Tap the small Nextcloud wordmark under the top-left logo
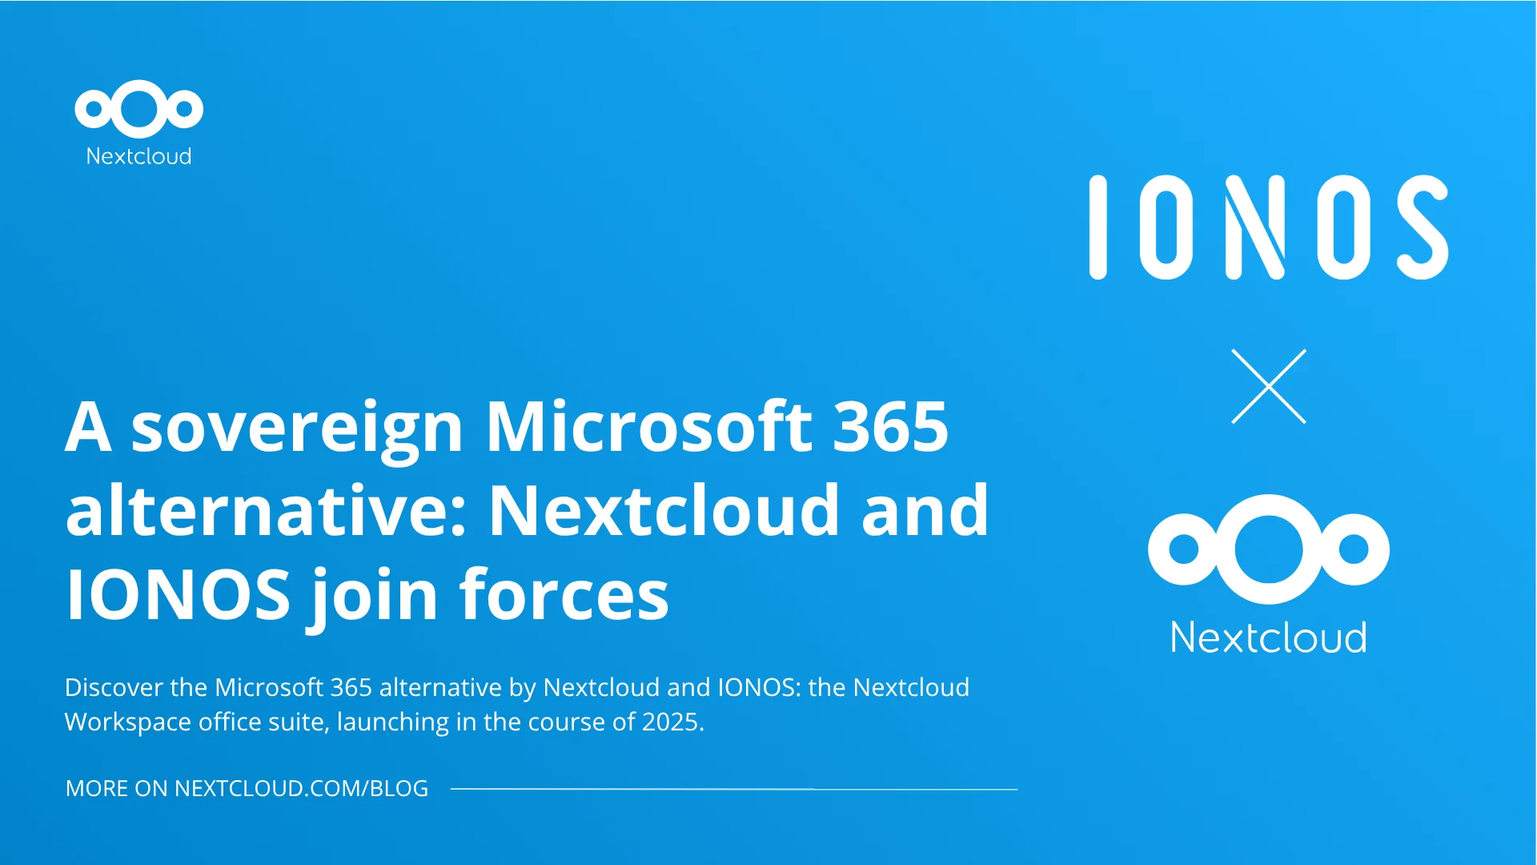click(138, 155)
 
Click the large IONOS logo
click(1269, 227)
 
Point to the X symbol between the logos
click(1269, 386)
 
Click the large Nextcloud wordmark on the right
click(1269, 638)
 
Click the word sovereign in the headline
click(297, 428)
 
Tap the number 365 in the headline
click(891, 426)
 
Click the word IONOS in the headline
click(178, 594)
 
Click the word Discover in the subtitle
click(114, 687)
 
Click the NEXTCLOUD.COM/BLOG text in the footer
click(301, 788)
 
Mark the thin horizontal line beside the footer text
click(734, 789)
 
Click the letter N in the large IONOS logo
click(1256, 227)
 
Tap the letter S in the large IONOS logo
click(1423, 227)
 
